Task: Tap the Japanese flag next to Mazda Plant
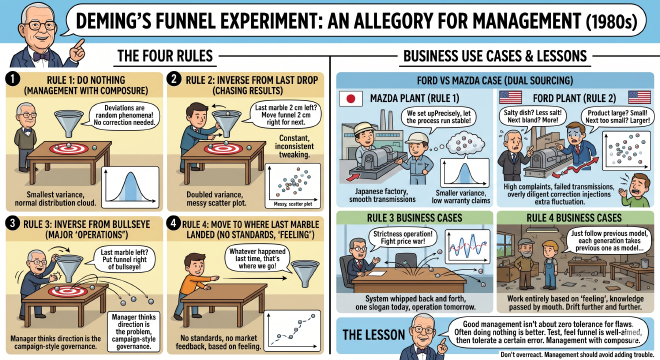click(x=352, y=99)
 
